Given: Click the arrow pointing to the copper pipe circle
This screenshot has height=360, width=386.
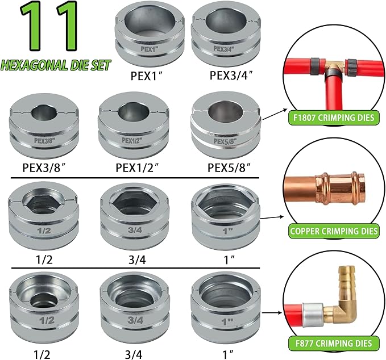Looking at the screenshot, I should pyautogui.click(x=271, y=217).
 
